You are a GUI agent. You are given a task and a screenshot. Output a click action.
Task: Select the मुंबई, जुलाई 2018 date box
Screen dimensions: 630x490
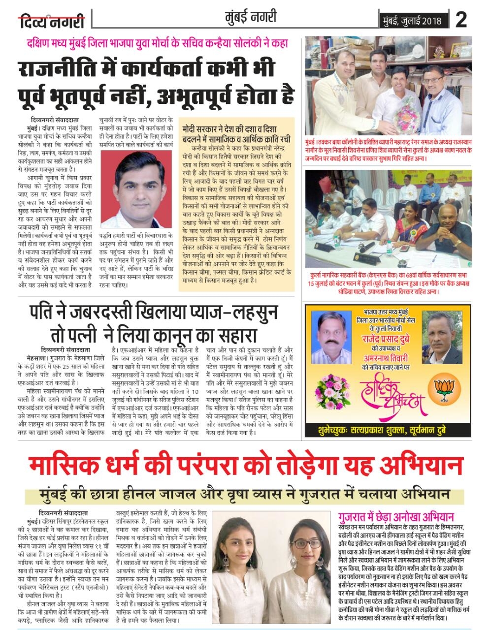point(414,20)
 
